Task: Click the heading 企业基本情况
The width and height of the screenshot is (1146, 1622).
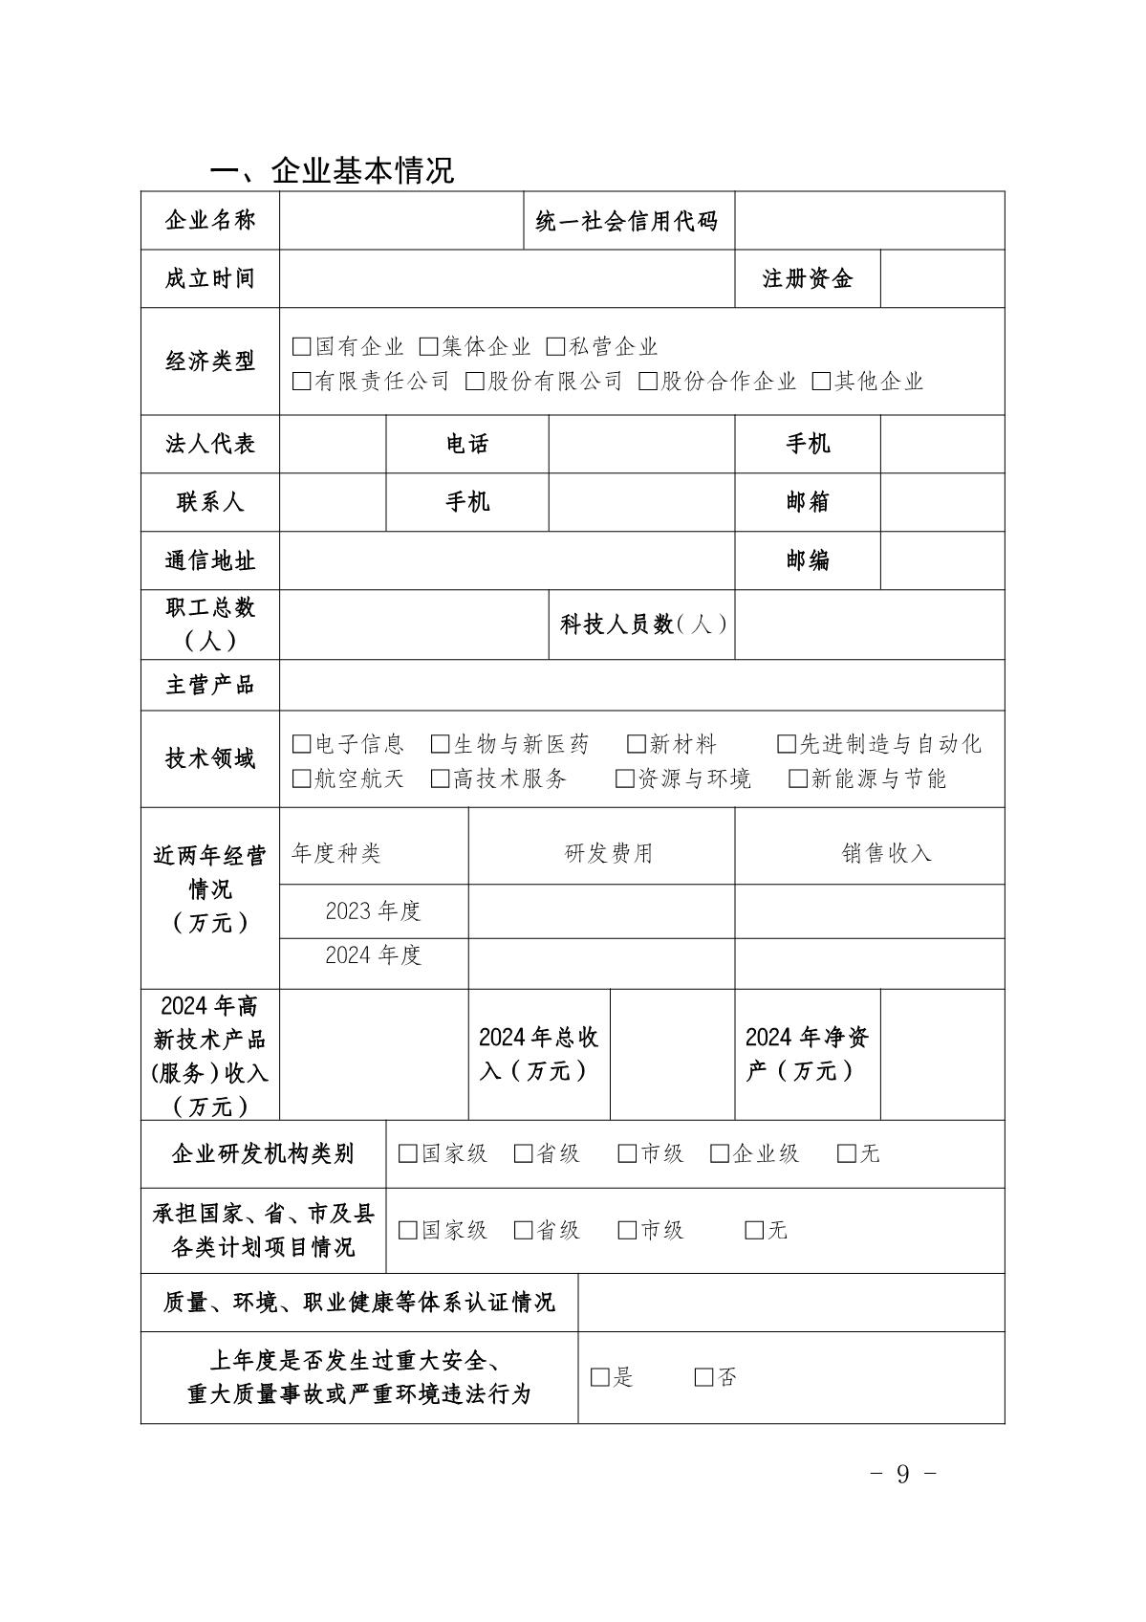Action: point(332,170)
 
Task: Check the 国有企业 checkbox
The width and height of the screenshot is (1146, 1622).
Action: point(302,346)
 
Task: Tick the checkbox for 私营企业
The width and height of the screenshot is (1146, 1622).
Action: point(555,346)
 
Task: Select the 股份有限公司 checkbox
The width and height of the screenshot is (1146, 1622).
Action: point(475,382)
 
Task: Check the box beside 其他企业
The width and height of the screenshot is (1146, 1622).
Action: point(821,382)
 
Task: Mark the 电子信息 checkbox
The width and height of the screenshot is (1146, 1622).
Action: point(302,744)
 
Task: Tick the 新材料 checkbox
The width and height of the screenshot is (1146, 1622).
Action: point(637,744)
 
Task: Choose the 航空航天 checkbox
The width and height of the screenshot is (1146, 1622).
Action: point(302,778)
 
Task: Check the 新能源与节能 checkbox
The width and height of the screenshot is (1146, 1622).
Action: point(798,778)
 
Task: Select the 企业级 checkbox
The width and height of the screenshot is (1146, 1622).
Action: point(720,1153)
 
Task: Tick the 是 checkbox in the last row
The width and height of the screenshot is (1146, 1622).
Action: point(600,1377)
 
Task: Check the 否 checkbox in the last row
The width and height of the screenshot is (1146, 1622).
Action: point(704,1377)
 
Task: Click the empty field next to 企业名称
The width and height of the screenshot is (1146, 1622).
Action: point(401,221)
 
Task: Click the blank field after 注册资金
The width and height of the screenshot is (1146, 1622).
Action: point(941,278)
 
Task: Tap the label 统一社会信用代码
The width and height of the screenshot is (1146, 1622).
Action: point(627,221)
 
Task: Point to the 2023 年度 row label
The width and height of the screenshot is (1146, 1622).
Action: point(373,910)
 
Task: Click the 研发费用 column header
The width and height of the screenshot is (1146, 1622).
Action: point(609,852)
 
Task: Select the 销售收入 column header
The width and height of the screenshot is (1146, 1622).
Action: point(886,852)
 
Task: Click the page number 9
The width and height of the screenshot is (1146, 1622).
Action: point(903,1474)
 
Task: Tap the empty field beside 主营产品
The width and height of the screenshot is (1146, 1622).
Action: point(640,685)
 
